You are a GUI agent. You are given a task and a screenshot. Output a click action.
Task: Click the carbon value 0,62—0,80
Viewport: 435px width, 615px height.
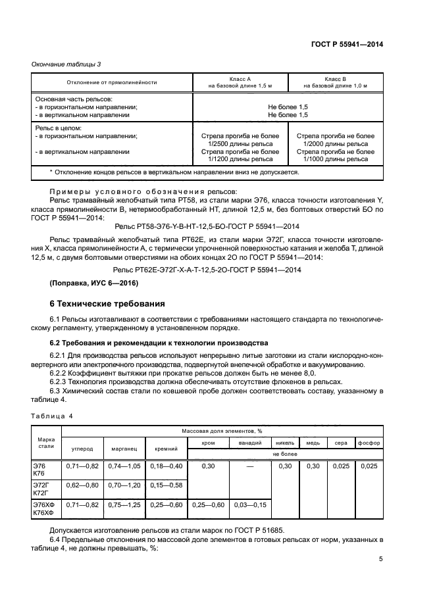[82, 485]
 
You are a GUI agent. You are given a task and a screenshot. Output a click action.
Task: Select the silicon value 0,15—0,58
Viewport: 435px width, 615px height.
[165, 485]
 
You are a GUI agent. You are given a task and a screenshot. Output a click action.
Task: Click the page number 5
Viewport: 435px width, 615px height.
[380, 559]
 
